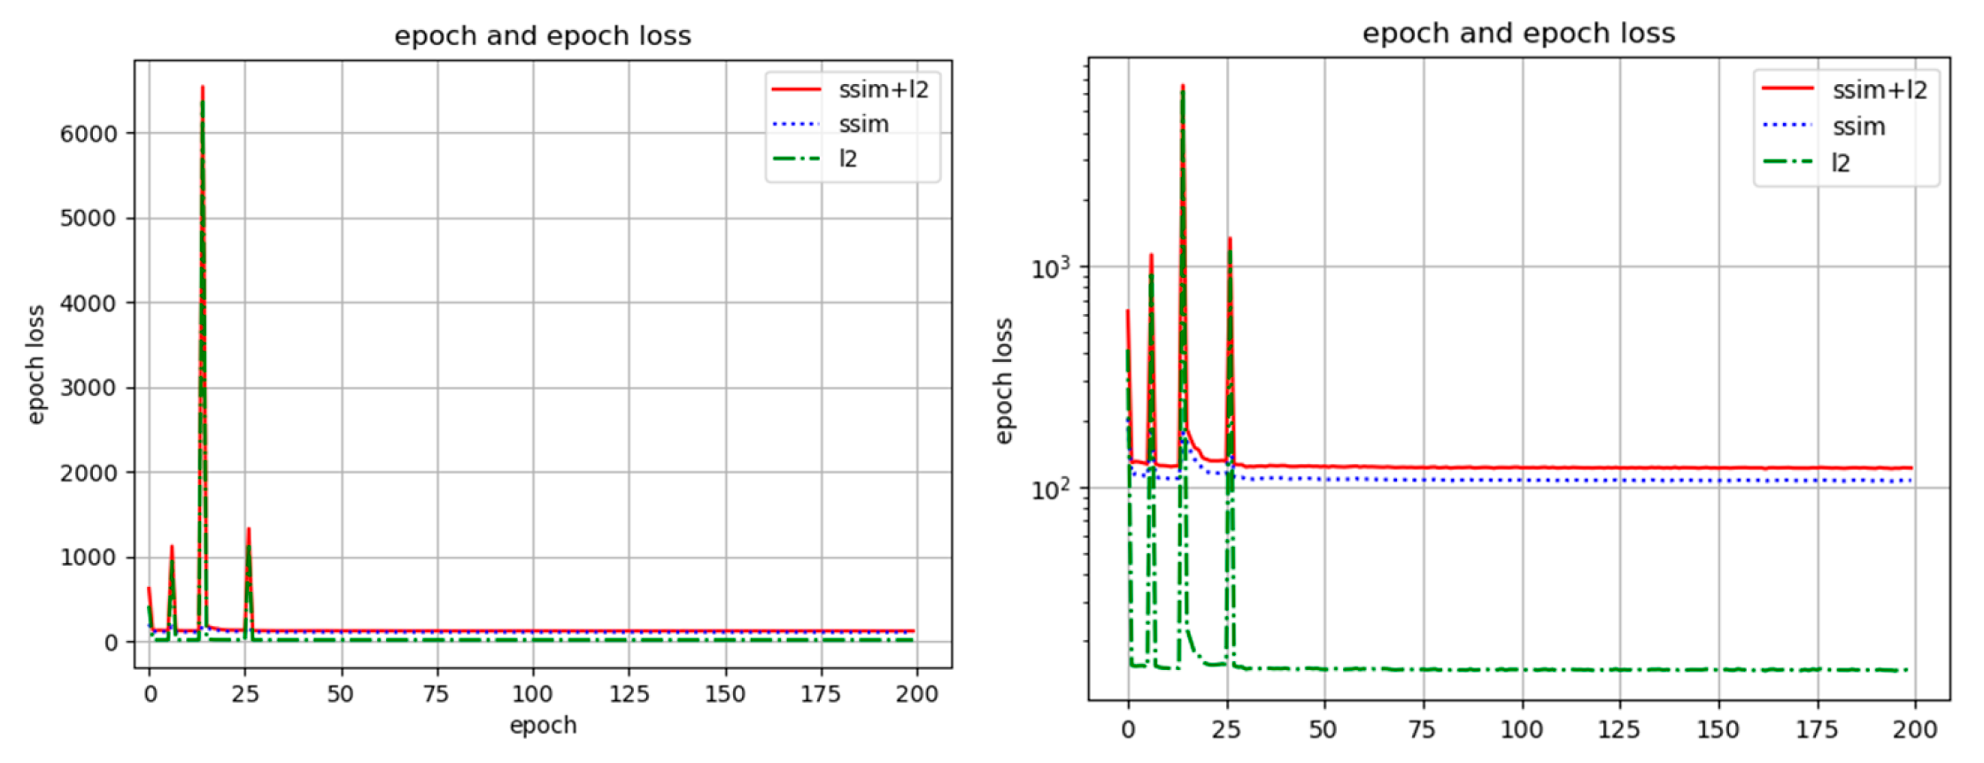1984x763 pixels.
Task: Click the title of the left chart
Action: (542, 35)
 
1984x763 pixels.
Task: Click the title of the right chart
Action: (1517, 33)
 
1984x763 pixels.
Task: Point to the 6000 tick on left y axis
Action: (89, 134)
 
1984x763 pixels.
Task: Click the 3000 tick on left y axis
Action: (89, 388)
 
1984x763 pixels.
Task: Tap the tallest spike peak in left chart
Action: (203, 88)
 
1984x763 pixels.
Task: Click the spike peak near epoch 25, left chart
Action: (249, 529)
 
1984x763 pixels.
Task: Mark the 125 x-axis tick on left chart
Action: (629, 694)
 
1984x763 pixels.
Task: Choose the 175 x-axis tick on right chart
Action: (1817, 729)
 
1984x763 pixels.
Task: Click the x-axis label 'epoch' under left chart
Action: (543, 726)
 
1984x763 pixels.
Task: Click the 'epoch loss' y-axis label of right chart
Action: (1002, 381)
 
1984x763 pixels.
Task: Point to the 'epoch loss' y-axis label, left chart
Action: (35, 364)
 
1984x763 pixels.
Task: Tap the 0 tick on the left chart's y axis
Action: (111, 643)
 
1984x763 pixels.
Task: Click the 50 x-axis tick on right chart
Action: (1323, 729)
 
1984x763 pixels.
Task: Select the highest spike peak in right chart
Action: (1183, 87)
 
